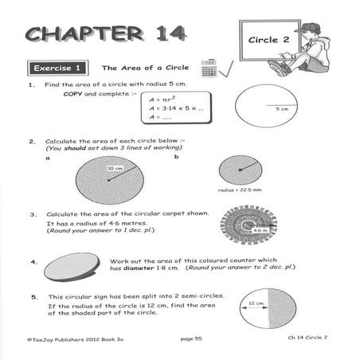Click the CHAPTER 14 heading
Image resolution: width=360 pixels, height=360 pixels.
coord(106,33)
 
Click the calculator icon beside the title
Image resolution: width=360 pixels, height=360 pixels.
coord(209,68)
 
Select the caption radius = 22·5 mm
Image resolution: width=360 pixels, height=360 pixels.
coord(240,191)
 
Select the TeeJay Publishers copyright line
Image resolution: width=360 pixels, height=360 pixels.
coord(68,339)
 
